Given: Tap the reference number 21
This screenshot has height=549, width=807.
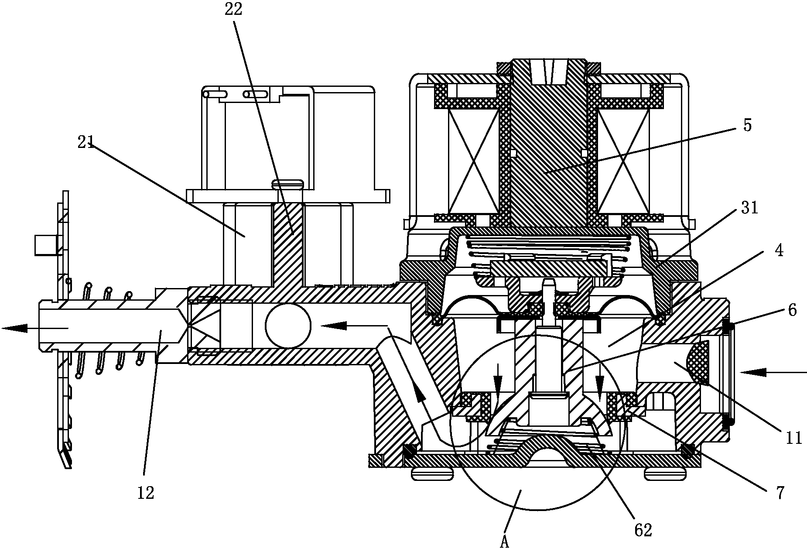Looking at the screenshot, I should pos(86,142).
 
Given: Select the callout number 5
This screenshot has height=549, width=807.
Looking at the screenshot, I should pos(747,126).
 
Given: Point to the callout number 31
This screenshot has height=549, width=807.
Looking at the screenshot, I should pos(749,208).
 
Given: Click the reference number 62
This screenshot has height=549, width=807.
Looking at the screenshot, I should pos(643,529).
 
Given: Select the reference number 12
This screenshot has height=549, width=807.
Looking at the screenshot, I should pos(146,493).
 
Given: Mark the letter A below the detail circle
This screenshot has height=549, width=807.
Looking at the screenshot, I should pos(505,542).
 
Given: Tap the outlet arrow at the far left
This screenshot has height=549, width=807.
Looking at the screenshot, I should pos(15,328).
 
